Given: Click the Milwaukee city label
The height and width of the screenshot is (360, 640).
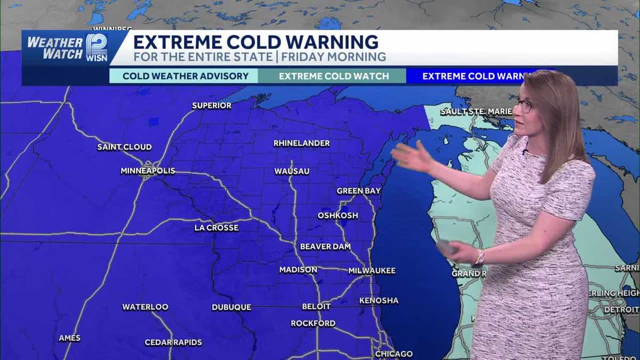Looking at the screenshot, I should pos(372,271).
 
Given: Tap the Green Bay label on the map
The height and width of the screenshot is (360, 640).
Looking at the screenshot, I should pos(358,191).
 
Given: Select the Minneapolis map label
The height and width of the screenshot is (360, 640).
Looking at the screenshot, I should pos(148,171).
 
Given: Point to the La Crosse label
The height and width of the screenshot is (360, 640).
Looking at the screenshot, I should pos(216,228).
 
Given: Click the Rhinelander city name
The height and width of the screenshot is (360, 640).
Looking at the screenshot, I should pos(301,143).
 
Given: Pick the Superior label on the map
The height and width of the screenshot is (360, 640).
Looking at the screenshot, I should pos(212,106).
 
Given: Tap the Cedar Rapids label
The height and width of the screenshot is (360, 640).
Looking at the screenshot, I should pos(173,342).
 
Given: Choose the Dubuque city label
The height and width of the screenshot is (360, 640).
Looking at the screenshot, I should pos(231,307).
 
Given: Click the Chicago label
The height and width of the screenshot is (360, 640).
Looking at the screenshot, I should pos(394,354).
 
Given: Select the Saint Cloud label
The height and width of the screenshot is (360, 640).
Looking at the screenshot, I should pos(124,147).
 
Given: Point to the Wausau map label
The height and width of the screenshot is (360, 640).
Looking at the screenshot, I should pos(292,171).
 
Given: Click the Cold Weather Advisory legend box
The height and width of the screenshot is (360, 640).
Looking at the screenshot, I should pos(186,76).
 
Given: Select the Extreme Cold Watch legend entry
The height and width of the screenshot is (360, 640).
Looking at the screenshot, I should pos(334,76).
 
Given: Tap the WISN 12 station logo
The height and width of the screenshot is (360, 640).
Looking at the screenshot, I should pos(96,48).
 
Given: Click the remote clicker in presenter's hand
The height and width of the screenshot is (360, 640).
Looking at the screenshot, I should pos(446,247).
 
